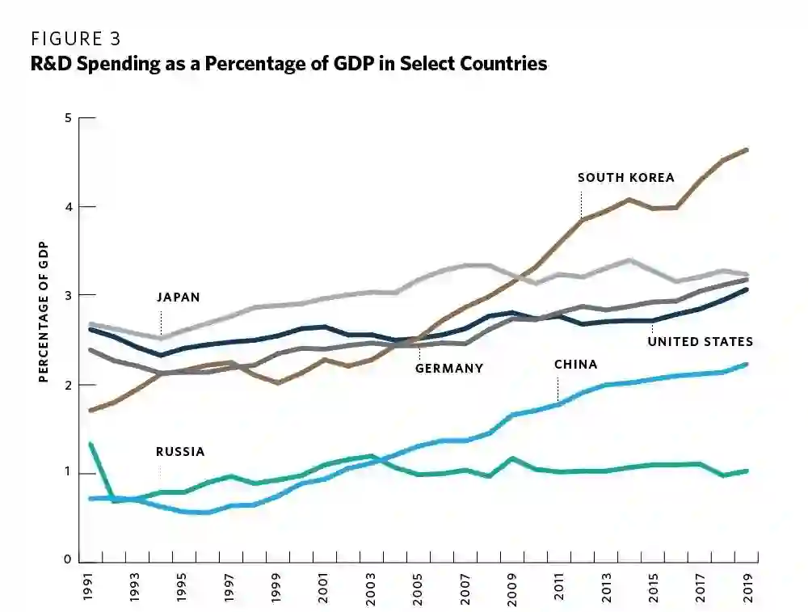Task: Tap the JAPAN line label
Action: pyautogui.click(x=178, y=298)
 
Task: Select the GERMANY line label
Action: pyautogui.click(x=449, y=369)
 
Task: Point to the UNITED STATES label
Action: pyautogui.click(x=700, y=342)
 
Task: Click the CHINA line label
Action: pyautogui.click(x=575, y=365)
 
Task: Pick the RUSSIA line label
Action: pyautogui.click(x=180, y=452)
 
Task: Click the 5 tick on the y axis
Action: pyautogui.click(x=69, y=119)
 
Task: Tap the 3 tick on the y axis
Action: pyautogui.click(x=69, y=296)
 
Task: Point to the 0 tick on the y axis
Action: pyautogui.click(x=69, y=561)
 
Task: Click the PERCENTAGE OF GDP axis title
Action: pyautogui.click(x=44, y=311)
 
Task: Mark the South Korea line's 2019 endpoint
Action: pyautogui.click(x=747, y=150)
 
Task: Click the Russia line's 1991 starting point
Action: pyautogui.click(x=90, y=444)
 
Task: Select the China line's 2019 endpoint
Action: pyautogui.click(x=747, y=365)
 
